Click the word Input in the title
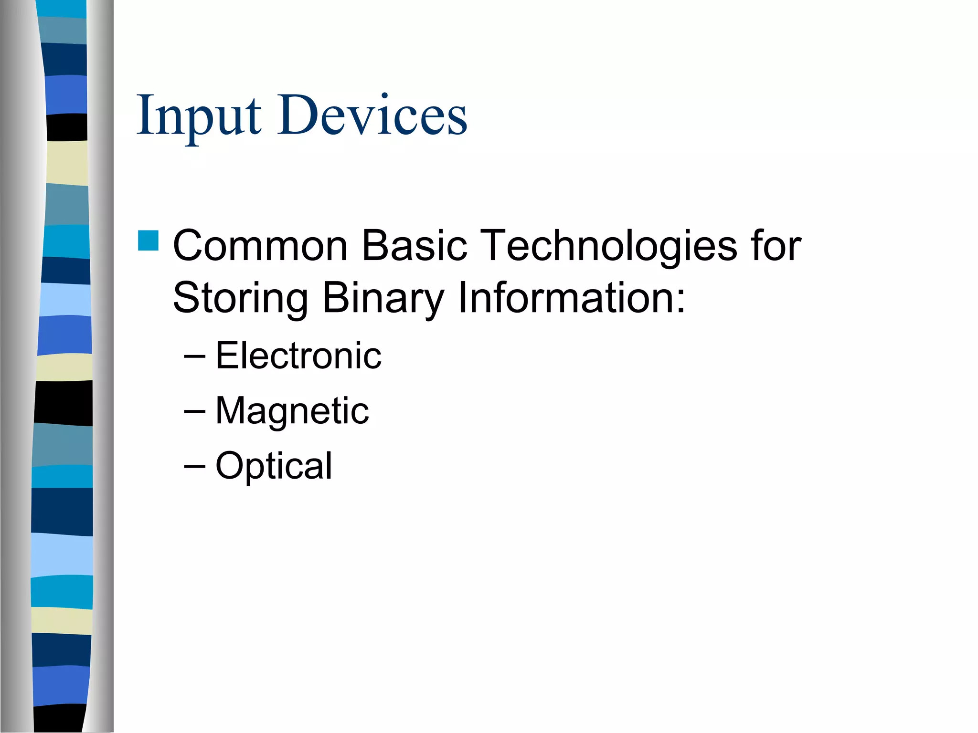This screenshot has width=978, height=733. click(x=198, y=115)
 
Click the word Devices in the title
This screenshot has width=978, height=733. click(x=372, y=115)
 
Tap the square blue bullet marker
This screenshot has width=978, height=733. click(x=148, y=241)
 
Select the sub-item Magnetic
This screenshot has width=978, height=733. click(x=292, y=410)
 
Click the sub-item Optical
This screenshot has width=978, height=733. click(x=274, y=465)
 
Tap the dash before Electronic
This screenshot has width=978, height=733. click(x=194, y=356)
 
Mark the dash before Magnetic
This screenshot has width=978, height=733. click(x=194, y=411)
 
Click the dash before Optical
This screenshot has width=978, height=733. click(x=194, y=466)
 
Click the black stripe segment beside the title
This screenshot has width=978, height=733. click(x=67, y=127)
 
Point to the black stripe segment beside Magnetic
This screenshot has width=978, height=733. click(x=64, y=403)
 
